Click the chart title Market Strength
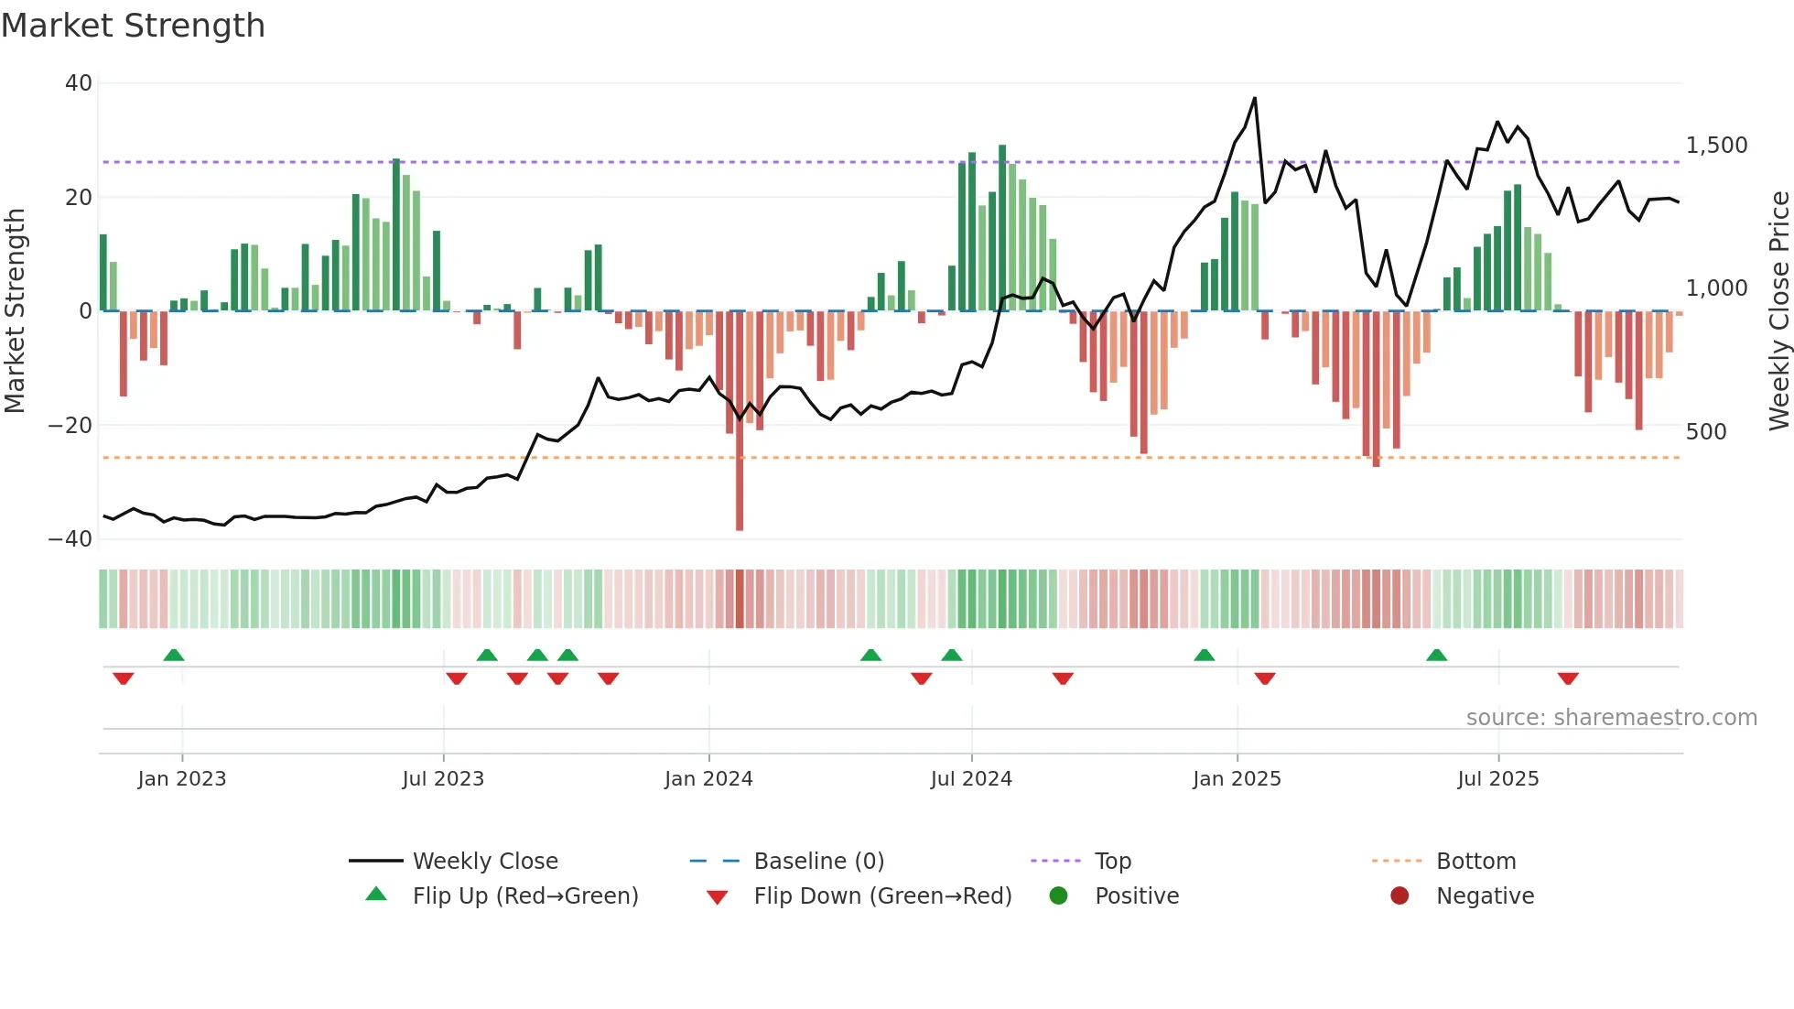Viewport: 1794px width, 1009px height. [x=133, y=26]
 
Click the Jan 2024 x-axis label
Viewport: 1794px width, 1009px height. [x=708, y=779]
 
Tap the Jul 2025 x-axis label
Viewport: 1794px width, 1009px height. [x=1497, y=779]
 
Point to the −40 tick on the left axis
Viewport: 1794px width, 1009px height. [x=70, y=539]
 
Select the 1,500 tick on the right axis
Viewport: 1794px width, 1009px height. [x=1716, y=146]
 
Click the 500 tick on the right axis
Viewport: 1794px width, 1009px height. [x=1706, y=432]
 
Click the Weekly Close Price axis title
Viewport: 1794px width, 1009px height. [x=1778, y=311]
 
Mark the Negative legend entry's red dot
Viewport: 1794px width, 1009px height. [x=1399, y=896]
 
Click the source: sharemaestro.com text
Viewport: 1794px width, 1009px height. [x=1611, y=718]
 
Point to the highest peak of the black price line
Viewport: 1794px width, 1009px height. [x=1254, y=99]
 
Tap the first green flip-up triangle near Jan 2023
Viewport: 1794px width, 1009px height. [x=174, y=655]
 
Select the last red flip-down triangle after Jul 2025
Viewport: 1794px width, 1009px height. [x=1568, y=678]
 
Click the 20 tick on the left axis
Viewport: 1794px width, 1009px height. [x=78, y=198]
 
